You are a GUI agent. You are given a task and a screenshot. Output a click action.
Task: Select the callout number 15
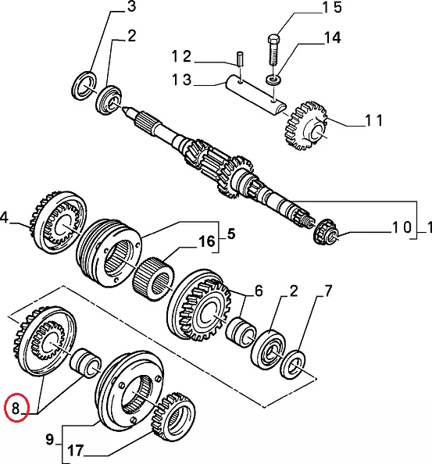click(x=331, y=8)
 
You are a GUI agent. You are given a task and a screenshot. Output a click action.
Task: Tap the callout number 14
click(x=332, y=37)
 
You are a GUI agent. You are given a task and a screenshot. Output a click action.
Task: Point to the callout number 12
click(x=181, y=56)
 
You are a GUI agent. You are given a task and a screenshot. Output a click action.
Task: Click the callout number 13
click(x=182, y=80)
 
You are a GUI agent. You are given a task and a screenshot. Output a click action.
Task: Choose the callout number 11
click(x=373, y=120)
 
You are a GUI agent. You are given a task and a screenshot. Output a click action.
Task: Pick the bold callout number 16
click(x=206, y=241)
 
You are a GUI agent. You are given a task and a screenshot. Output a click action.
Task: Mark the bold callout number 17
click(x=76, y=451)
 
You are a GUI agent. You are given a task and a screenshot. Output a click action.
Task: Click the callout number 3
click(x=131, y=6)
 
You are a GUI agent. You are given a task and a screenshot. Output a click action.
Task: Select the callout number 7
click(x=328, y=291)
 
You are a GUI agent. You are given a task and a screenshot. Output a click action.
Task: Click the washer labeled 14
click(x=273, y=80)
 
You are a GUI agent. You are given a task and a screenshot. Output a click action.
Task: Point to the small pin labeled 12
click(x=240, y=58)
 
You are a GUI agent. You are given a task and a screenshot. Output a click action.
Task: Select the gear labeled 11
click(x=305, y=126)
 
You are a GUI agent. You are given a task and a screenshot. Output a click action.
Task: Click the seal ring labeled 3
click(x=84, y=85)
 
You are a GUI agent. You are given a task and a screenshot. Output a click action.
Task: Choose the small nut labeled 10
click(x=325, y=231)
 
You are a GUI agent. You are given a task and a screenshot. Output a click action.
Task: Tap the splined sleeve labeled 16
click(x=153, y=279)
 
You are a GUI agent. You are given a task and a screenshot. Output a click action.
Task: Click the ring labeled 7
click(x=294, y=364)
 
